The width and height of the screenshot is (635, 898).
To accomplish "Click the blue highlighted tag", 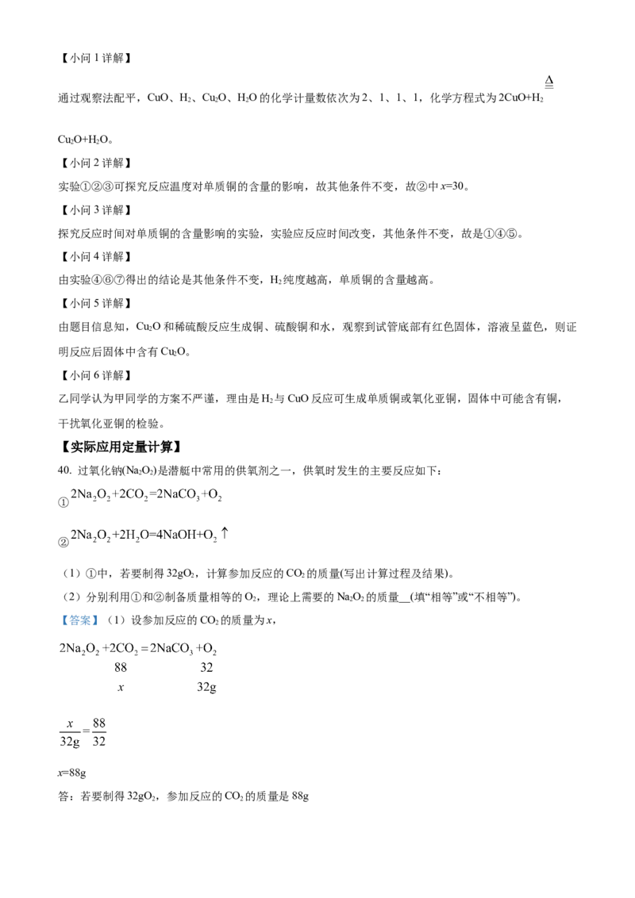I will [79, 620].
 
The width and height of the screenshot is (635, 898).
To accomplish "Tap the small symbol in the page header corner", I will [549, 82].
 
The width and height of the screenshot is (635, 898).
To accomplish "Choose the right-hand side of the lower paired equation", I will [194, 535].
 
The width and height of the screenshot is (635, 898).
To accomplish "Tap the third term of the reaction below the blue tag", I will [167, 649].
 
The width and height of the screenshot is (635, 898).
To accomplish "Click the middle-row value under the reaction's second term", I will [121, 667].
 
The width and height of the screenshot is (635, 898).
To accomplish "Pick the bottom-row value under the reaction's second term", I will [121, 687].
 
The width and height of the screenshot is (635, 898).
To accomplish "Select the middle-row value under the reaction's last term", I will [206, 667].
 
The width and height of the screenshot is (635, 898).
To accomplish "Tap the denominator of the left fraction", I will [70, 743].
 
